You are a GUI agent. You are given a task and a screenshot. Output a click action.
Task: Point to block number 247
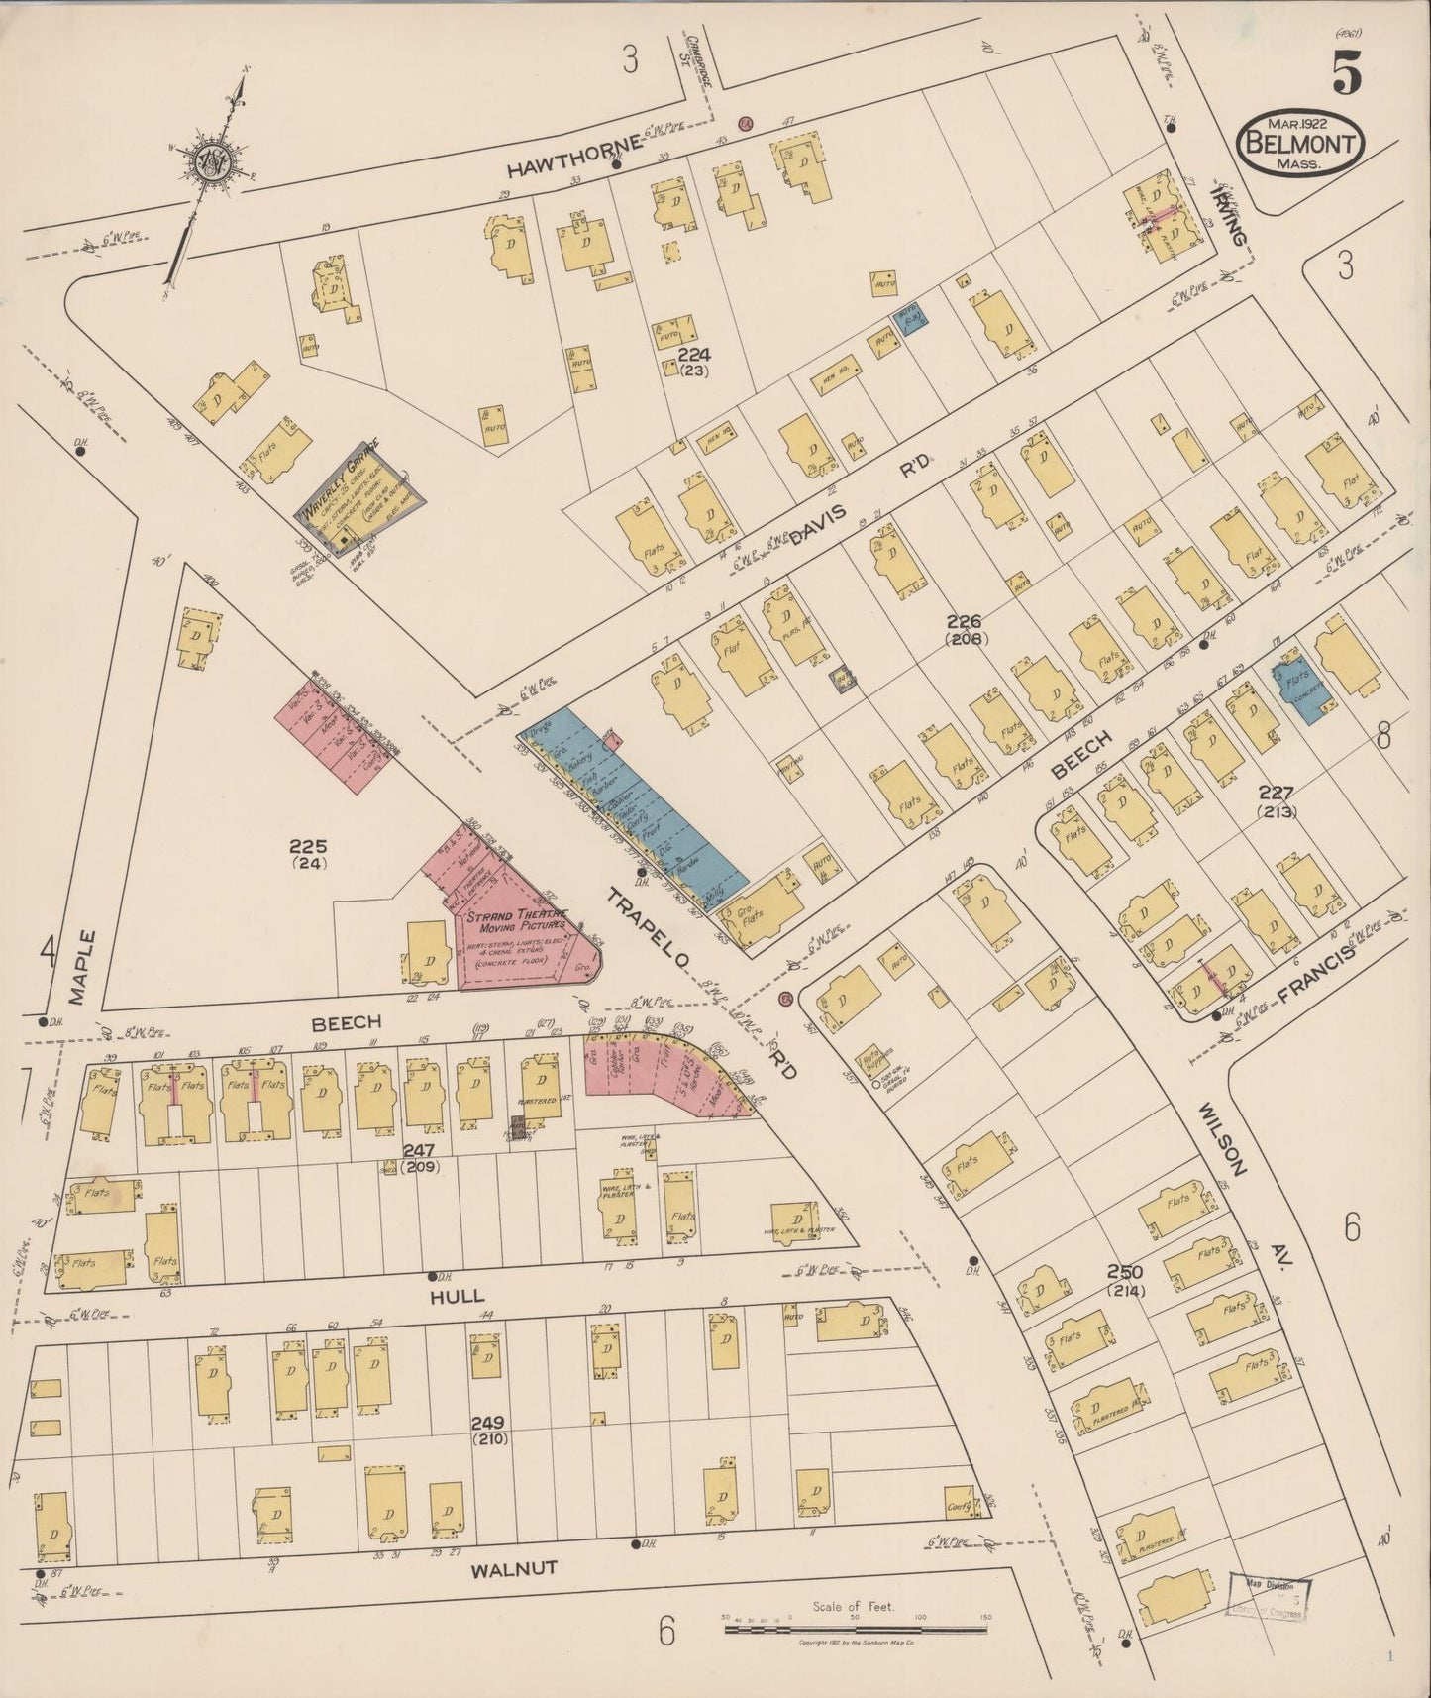[421, 1150]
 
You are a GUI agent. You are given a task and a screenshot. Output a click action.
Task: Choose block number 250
[1126, 1272]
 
